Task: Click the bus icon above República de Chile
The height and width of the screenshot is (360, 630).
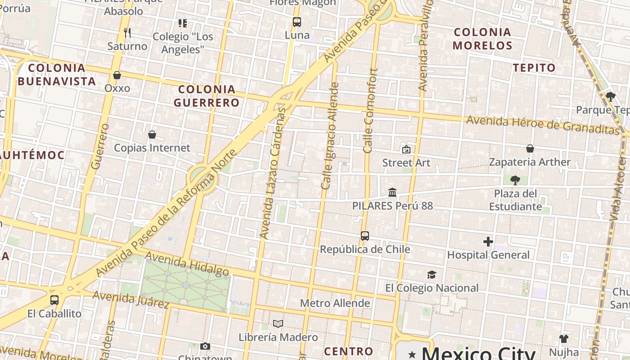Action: pos(365,236)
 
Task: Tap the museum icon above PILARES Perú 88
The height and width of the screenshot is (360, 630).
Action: pos(392,193)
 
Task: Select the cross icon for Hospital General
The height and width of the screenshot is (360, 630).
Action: pos(488,242)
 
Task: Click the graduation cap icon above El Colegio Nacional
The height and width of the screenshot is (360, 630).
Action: pos(432,274)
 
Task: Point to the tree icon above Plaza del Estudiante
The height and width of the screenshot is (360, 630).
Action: pos(515,180)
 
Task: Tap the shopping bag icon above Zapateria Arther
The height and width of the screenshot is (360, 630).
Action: pos(530,148)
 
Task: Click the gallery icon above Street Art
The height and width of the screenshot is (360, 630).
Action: pos(406,149)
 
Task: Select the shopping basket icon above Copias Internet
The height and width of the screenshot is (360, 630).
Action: pos(152,135)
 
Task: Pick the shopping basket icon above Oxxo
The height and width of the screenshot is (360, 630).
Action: pos(117,75)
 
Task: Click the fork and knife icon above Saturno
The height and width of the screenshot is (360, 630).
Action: pos(127,33)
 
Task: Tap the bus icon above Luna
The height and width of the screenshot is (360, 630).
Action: pos(297,22)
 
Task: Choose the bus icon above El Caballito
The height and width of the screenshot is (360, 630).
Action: pos(54,300)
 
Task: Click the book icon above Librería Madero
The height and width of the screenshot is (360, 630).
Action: pos(278,324)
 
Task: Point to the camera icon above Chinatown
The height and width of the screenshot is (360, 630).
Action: pos(205,346)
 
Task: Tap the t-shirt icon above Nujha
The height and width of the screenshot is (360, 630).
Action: pos(564,338)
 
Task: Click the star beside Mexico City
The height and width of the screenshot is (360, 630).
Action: pos(412,355)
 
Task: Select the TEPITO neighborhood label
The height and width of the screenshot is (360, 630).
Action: pos(535,68)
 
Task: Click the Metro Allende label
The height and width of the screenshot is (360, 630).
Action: pos(335,303)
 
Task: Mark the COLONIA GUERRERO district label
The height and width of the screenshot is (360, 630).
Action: pos(207,96)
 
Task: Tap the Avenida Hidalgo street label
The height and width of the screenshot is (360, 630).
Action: pos(187,263)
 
